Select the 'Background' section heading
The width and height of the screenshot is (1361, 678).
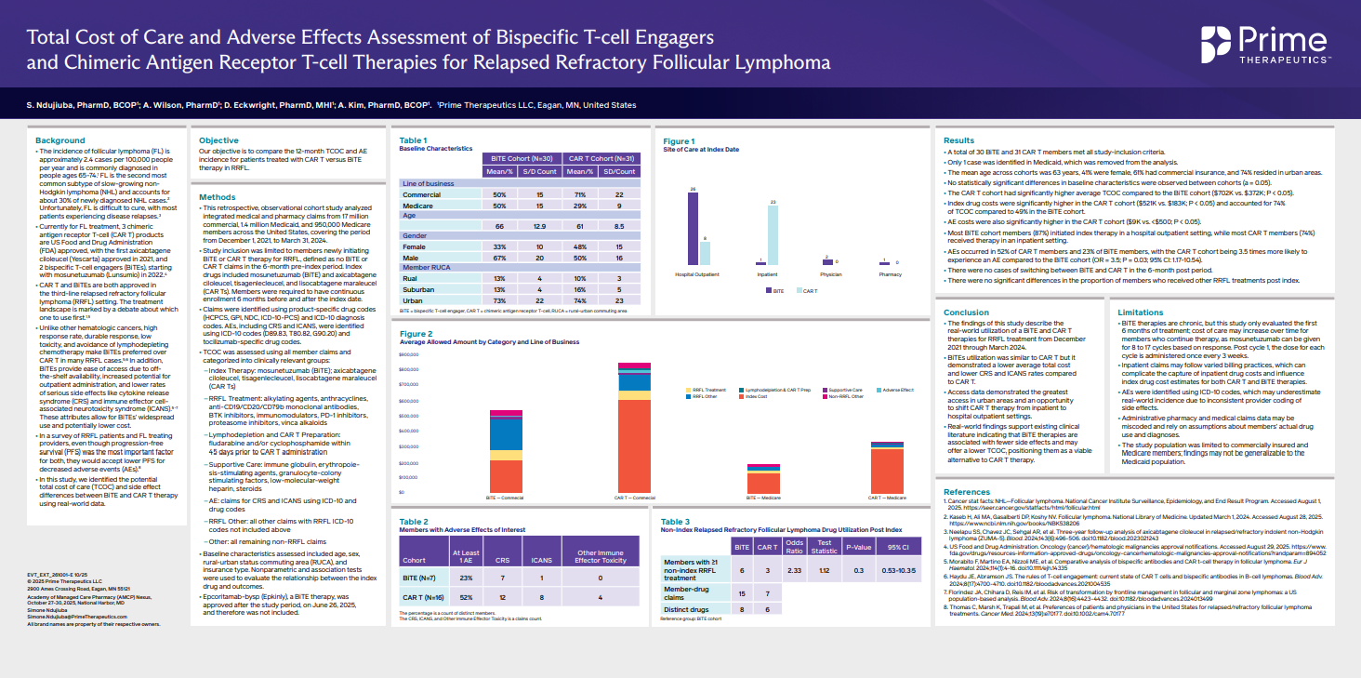click(61, 140)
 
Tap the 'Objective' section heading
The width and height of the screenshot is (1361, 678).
click(219, 140)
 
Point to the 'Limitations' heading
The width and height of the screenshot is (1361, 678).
click(1142, 312)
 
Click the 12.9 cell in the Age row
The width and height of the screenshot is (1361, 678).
click(539, 226)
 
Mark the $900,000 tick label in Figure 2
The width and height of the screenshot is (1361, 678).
click(409, 354)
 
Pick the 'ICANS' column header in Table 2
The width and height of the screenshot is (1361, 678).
click(555, 560)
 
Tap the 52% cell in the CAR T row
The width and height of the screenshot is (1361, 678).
click(467, 597)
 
